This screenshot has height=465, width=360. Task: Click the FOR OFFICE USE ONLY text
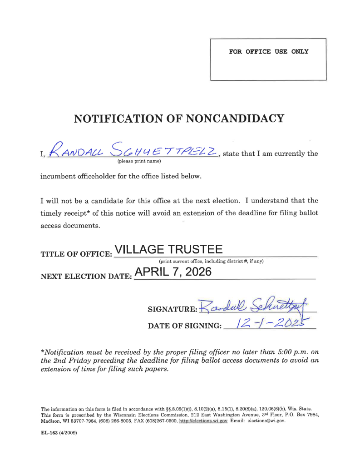tap(268, 52)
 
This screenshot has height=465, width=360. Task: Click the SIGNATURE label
tap(172, 310)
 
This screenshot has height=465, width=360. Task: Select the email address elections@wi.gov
tap(265, 421)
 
